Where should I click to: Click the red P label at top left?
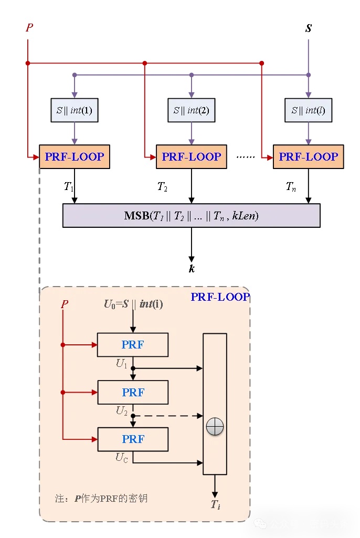[x=29, y=27]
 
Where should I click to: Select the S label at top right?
[x=308, y=28]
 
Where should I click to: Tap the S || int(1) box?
[x=75, y=111]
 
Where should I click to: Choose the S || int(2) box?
[x=191, y=111]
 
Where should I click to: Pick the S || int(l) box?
[x=308, y=111]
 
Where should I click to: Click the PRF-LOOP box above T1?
[x=75, y=156]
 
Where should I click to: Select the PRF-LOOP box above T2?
[x=191, y=156]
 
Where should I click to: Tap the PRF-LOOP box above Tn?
[x=308, y=156]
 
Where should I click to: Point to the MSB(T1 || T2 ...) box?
[x=191, y=216]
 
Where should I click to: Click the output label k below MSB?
[x=192, y=269]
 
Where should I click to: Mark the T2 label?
[x=162, y=186]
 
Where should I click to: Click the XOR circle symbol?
[x=215, y=427]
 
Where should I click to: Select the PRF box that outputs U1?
[x=133, y=345]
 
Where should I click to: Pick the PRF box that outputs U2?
[x=133, y=392]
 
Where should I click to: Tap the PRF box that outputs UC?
[x=133, y=439]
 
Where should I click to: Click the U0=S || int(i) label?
[x=133, y=303]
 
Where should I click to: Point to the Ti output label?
[x=215, y=505]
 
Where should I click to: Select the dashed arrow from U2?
[x=168, y=416]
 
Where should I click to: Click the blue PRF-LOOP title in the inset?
[x=220, y=297]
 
